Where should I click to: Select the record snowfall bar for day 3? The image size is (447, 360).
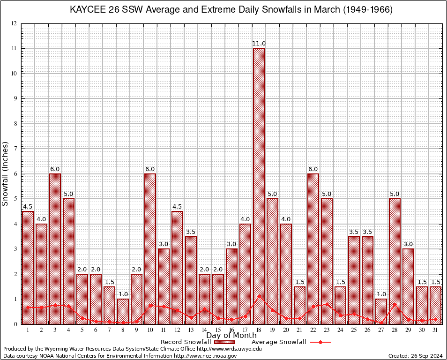pyautogui.click(x=55, y=248)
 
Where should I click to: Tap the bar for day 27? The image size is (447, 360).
pyautogui.click(x=381, y=311)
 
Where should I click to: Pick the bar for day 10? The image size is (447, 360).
pyautogui.click(x=150, y=248)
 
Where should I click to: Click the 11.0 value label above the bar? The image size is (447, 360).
pyautogui.click(x=259, y=44)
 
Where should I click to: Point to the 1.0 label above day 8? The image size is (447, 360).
pyautogui.click(x=123, y=294)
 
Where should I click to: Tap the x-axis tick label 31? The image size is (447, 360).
pyautogui.click(x=435, y=330)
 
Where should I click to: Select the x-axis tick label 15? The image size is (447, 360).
pyautogui.click(x=218, y=330)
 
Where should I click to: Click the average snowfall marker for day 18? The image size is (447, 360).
pyautogui.click(x=259, y=296)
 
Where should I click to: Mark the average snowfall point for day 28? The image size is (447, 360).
pyautogui.click(x=395, y=305)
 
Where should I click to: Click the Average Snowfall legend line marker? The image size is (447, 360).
pyautogui.click(x=320, y=342)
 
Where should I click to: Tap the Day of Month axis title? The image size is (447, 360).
pyautogui.click(x=231, y=336)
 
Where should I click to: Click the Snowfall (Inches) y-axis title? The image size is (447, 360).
pyautogui.click(x=6, y=173)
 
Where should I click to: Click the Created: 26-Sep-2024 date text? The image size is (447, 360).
pyautogui.click(x=415, y=356)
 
